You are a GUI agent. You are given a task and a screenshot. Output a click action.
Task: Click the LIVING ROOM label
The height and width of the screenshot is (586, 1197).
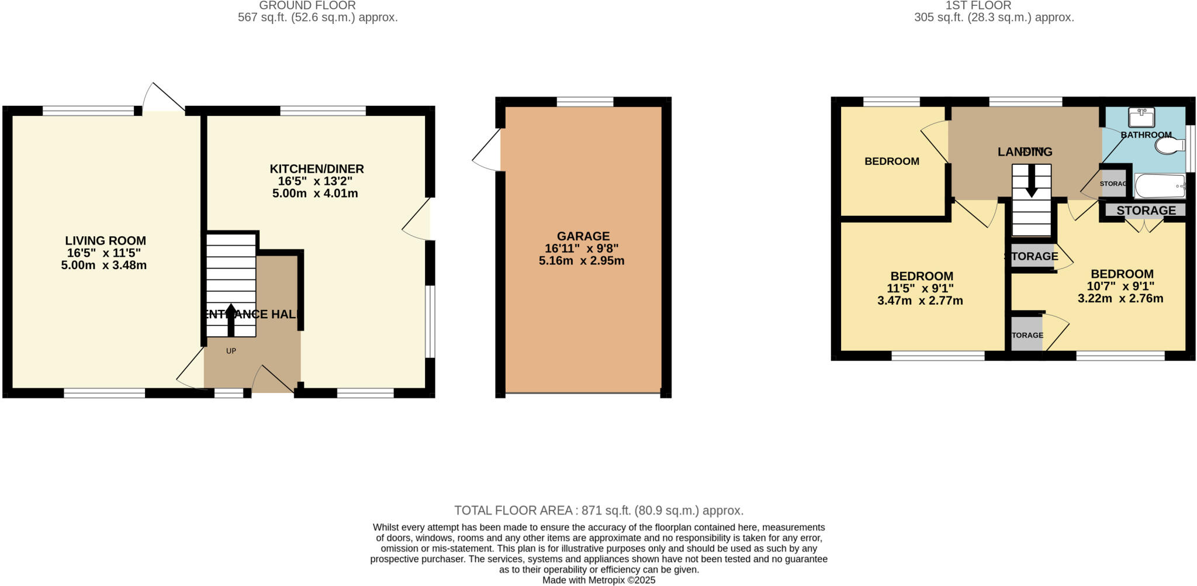tap(105, 240)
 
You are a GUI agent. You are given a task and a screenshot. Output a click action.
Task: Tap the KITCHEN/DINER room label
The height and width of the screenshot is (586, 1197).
tap(316, 169)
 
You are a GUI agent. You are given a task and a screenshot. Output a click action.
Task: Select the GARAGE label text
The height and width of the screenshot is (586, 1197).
tap(583, 236)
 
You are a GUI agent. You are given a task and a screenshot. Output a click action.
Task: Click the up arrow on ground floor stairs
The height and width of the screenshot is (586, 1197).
tap(231, 319)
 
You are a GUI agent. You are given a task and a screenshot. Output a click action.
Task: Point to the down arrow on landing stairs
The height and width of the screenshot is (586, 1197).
tap(1031, 182)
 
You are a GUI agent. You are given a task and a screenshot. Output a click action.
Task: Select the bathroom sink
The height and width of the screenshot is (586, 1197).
tap(1141, 118)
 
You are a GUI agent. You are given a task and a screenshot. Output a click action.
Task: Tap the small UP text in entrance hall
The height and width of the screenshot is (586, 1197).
tap(231, 351)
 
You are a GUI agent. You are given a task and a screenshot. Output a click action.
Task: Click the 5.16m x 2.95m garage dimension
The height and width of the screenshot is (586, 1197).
tap(581, 261)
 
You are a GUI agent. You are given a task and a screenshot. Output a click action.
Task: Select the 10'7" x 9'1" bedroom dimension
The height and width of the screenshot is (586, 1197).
tap(1120, 286)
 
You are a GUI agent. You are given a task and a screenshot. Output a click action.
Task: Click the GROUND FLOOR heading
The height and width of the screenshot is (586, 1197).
tap(307, 5)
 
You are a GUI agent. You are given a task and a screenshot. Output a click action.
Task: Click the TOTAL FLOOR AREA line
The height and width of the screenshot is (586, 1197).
tap(598, 511)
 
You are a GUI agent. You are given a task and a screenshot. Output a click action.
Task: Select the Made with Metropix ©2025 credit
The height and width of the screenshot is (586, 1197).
tap(598, 580)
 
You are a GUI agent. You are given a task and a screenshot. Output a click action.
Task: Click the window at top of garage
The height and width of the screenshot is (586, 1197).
tap(584, 102)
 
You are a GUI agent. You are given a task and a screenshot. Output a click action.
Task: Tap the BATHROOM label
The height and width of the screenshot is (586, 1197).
tap(1146, 135)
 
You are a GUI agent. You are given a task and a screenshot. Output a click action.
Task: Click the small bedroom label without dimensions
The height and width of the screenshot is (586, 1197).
tap(891, 161)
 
